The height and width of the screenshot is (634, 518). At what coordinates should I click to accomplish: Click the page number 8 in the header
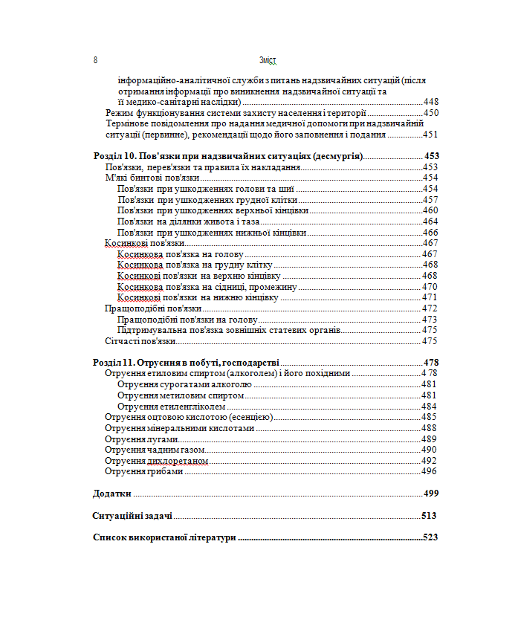click(96, 59)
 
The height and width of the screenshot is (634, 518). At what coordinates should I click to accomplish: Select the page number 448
click(431, 101)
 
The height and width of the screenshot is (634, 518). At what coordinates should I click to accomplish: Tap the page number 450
click(431, 113)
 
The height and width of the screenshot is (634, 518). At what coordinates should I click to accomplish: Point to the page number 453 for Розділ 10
click(432, 156)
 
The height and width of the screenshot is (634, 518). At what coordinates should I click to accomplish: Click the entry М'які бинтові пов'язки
click(152, 178)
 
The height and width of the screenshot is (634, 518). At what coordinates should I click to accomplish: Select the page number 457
click(430, 200)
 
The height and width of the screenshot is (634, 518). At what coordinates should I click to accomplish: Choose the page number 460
click(430, 210)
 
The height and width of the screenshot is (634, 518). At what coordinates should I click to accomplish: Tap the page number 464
click(430, 221)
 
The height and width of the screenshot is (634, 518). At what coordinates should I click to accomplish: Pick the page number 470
click(430, 286)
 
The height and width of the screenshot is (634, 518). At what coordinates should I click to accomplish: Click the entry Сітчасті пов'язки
click(140, 340)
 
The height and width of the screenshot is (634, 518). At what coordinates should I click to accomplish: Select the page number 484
click(429, 407)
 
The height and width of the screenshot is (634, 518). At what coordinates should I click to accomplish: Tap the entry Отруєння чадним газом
click(155, 450)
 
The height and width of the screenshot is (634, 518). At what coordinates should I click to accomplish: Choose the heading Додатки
click(112, 493)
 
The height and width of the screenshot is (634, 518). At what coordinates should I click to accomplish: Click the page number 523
click(430, 537)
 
